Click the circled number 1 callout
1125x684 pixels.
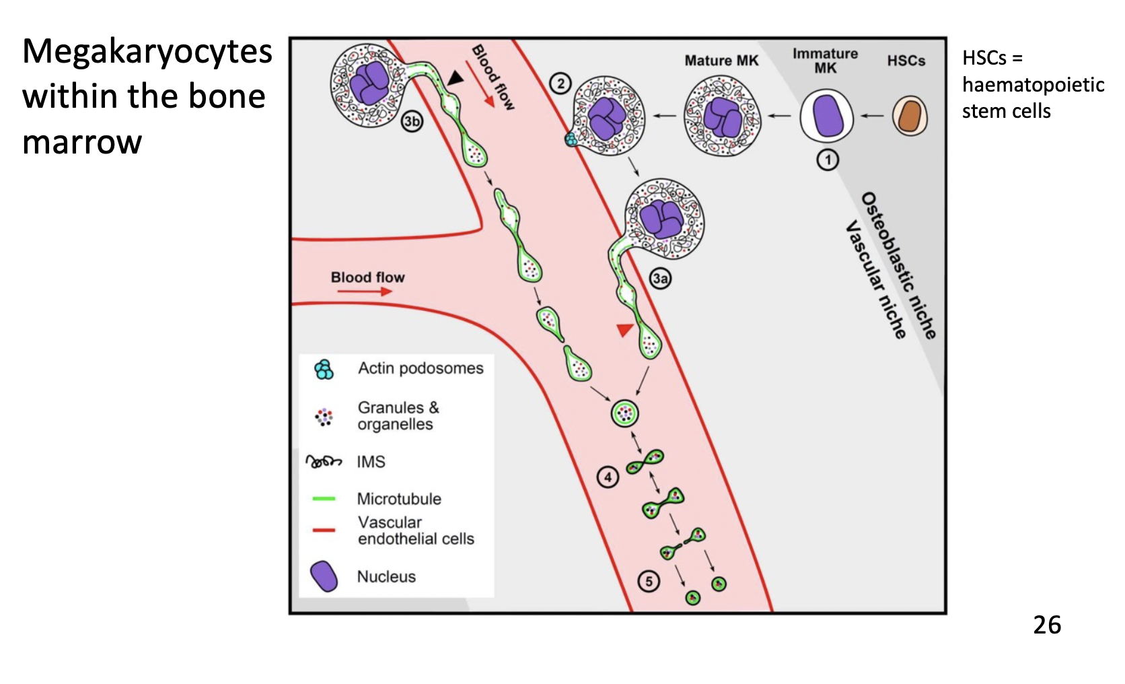[x=828, y=160]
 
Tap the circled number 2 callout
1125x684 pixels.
[x=560, y=83]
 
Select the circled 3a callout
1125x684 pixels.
[x=660, y=278]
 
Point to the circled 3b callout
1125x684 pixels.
[x=412, y=121]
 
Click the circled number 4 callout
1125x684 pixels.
[x=608, y=477]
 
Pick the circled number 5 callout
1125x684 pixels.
[x=649, y=581]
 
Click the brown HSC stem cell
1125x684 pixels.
[x=910, y=116]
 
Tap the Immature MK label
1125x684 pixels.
[x=825, y=61]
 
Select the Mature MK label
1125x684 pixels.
[x=721, y=61]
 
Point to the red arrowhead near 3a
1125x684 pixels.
[x=625, y=329]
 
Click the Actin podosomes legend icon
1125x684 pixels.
[x=324, y=369]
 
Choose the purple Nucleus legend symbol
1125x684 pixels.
[x=324, y=576]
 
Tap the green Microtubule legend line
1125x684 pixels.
[x=324, y=499]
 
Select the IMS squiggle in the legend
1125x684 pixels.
[x=324, y=462]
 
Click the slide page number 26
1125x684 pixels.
[x=1047, y=625]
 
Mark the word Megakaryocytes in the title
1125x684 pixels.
[x=147, y=52]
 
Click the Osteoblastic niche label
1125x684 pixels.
[x=899, y=265]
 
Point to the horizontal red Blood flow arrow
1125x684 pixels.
[x=365, y=292]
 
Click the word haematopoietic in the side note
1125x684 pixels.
[x=1033, y=85]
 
